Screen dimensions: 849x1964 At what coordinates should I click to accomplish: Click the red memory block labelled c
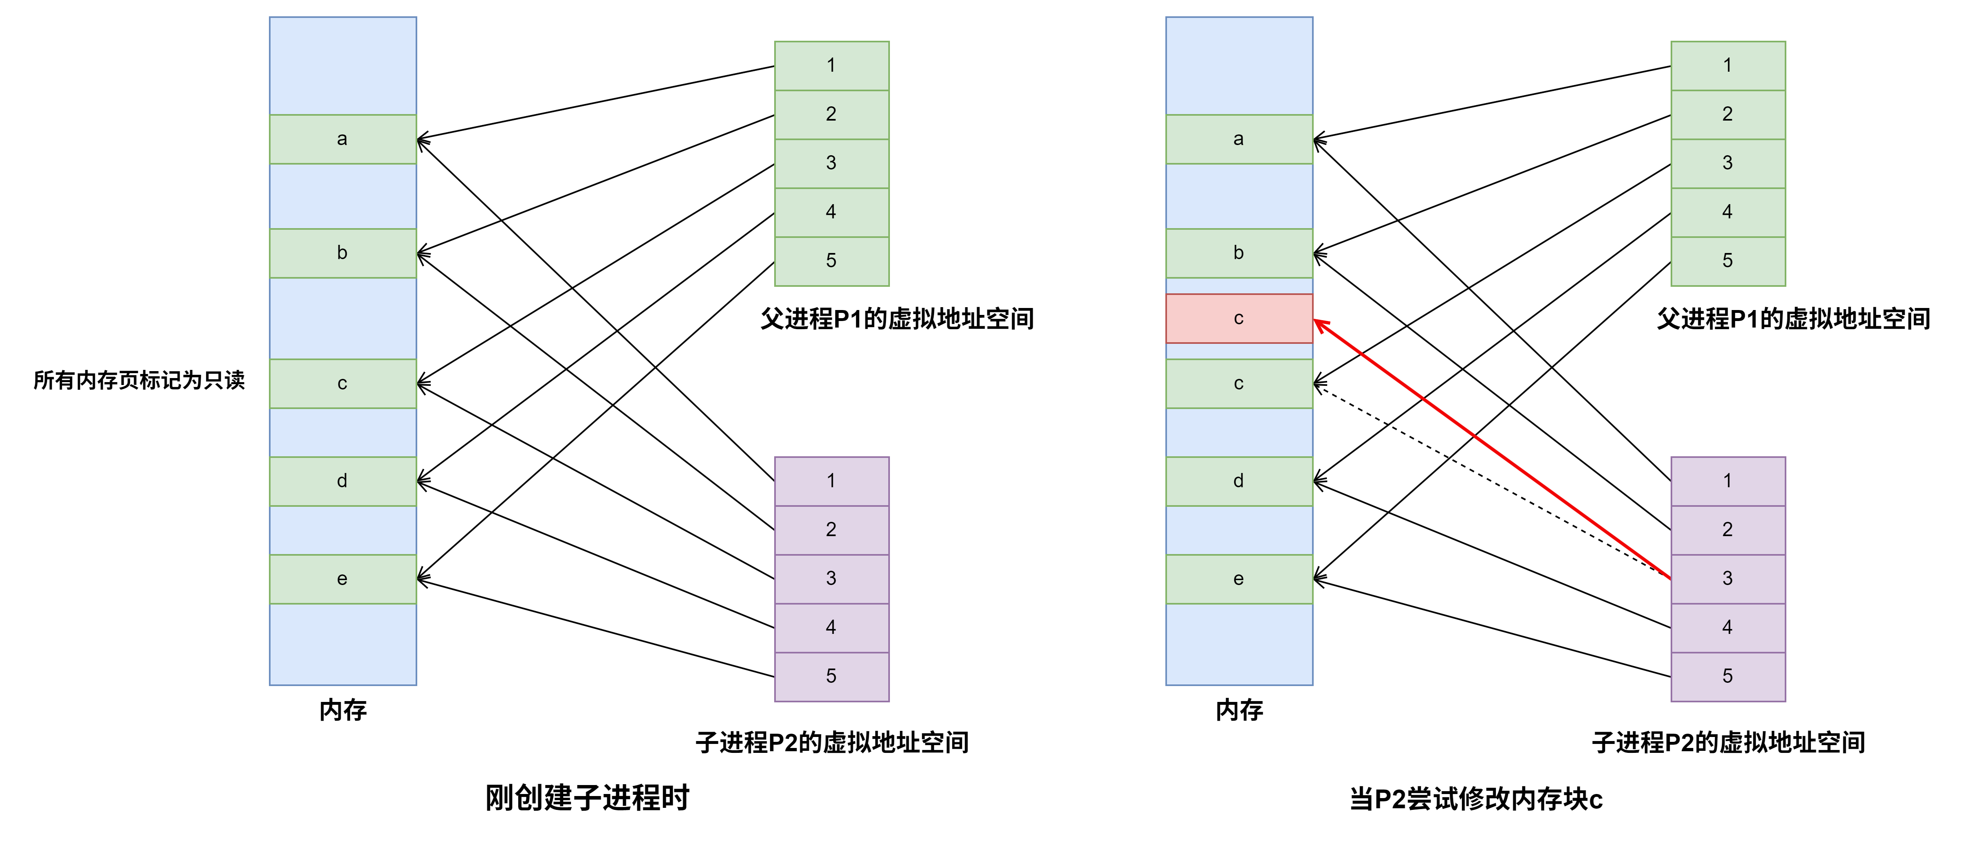pos(1239,319)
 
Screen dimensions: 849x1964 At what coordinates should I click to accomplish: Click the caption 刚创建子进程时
pos(588,798)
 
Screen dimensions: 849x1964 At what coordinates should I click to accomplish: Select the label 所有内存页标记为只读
pos(139,380)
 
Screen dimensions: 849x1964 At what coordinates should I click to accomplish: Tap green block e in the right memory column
pos(1239,579)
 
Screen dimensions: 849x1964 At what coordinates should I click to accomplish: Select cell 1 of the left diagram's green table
pos(831,66)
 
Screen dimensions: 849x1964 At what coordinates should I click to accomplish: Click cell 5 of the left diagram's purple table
pos(831,676)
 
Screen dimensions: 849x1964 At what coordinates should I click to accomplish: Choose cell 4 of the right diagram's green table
pos(1728,212)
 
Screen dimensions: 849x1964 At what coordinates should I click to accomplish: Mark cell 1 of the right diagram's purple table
pos(1728,481)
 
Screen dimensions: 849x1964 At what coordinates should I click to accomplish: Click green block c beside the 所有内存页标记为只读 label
pos(342,383)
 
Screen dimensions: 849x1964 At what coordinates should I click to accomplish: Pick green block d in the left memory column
pos(342,481)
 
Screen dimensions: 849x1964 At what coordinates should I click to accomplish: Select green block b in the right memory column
pos(1239,253)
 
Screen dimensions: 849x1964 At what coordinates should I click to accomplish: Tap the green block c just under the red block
pos(1239,383)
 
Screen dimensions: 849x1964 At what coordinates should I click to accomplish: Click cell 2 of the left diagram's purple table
pos(831,530)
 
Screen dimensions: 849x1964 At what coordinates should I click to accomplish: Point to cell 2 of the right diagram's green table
pos(1728,114)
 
